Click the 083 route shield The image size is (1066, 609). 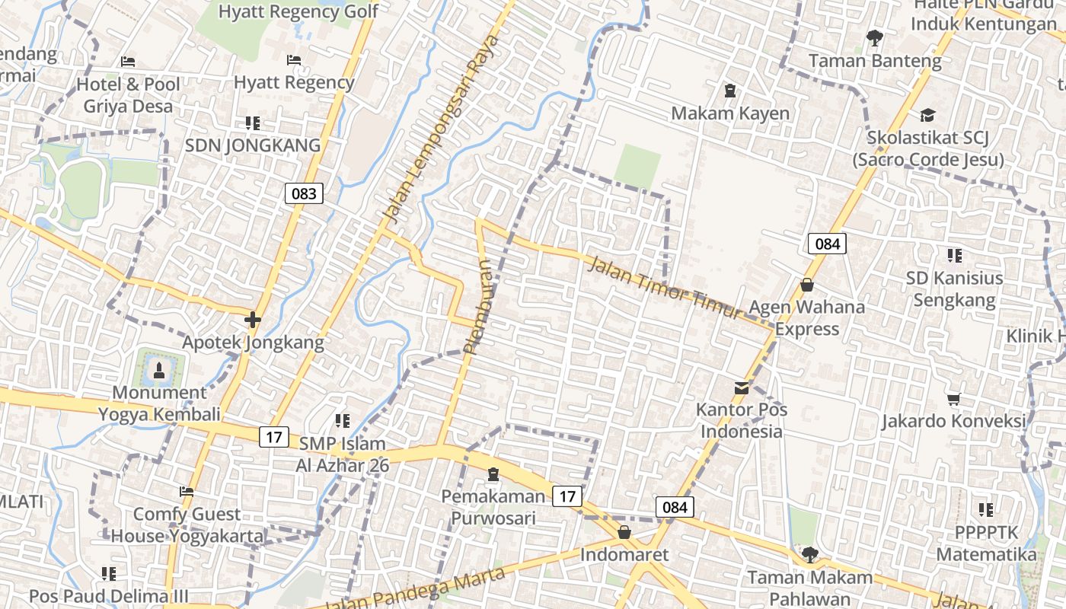pos(304,193)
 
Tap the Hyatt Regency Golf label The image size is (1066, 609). pos(298,12)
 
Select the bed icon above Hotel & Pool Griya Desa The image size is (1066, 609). pos(128,62)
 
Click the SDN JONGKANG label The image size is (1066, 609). pos(253,145)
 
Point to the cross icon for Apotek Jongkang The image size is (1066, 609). pos(252,320)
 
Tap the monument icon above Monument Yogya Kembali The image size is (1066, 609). pos(159,371)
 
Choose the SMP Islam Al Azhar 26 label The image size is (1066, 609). pos(342,454)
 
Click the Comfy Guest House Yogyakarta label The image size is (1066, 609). pos(187,525)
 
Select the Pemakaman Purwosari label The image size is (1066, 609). pos(493,508)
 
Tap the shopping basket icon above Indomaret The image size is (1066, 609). pos(624,532)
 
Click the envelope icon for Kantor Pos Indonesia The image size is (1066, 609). pos(741,388)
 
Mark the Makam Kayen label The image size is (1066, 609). pos(729,113)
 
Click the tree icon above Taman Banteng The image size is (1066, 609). pos(875,37)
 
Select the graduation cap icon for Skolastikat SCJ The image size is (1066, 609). pos(927,115)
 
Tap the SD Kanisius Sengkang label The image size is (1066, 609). pos(954,289)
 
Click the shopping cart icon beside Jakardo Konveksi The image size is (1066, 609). pos(953,399)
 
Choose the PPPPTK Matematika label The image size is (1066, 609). pos(987,543)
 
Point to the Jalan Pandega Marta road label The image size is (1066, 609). pos(415,590)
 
